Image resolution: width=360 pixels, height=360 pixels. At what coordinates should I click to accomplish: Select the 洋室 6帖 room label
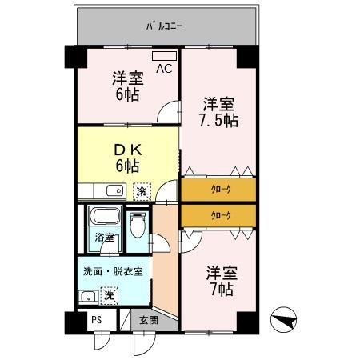point(126,86)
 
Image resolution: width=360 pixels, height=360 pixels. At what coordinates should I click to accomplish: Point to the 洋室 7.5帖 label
point(218,112)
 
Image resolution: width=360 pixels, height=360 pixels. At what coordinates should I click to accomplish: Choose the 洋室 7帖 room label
point(218,280)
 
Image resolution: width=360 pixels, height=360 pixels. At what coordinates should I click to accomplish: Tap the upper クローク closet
point(220,190)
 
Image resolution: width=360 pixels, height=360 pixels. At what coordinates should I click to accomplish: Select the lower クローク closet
point(220,215)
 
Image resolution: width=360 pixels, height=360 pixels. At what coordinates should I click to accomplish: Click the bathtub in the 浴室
point(103,218)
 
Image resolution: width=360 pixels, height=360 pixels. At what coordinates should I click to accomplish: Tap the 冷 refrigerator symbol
point(142,191)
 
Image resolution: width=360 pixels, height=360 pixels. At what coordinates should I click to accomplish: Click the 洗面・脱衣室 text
point(113,271)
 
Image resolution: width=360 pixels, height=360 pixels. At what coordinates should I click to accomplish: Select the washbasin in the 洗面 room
point(86,297)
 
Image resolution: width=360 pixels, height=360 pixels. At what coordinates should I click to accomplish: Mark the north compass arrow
point(283,320)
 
